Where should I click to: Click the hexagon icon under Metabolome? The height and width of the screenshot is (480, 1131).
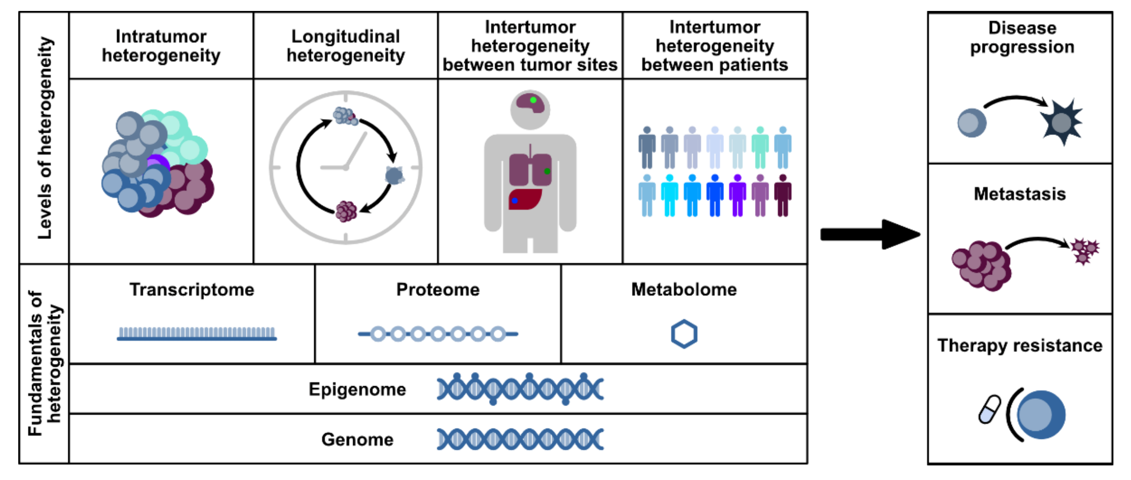click(684, 334)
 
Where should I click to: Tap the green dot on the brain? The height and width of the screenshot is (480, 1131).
click(533, 100)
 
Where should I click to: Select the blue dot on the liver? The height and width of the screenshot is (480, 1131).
click(515, 201)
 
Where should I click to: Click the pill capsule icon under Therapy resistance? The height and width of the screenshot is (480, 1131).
click(990, 409)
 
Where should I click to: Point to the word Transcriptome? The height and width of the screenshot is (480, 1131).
click(192, 290)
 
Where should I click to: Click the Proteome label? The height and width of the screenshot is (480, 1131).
click(438, 290)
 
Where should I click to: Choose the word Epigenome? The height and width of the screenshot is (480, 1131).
click(357, 390)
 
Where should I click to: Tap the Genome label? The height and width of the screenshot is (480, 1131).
click(357, 439)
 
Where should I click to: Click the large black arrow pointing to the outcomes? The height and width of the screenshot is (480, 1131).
click(870, 234)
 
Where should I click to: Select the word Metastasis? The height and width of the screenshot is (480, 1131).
click(1020, 194)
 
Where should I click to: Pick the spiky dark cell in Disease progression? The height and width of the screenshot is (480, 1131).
click(1062, 122)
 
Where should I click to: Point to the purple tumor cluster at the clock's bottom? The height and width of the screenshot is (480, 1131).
click(346, 211)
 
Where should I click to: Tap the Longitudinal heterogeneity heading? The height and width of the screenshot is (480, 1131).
click(345, 46)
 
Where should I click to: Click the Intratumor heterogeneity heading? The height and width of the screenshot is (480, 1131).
click(161, 46)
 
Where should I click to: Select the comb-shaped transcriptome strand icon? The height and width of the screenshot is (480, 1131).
click(197, 333)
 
